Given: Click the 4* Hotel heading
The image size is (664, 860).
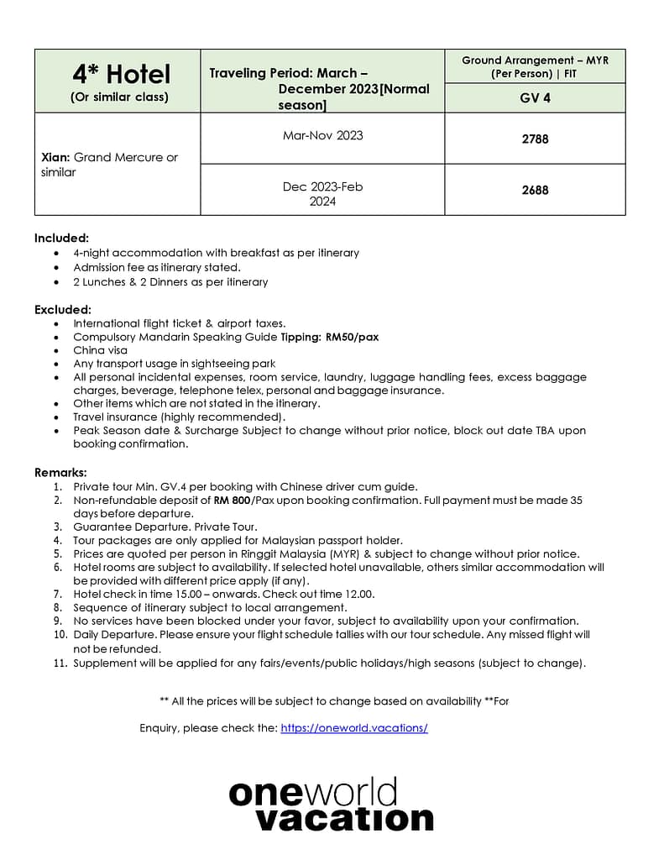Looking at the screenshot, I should point(121,74).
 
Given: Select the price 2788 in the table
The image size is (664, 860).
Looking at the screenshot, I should point(535,139).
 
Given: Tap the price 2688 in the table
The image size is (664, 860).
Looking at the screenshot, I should point(535,190).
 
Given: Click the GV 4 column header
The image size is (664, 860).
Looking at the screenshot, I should point(535,97).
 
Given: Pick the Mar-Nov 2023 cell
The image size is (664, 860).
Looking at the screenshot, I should point(322,135).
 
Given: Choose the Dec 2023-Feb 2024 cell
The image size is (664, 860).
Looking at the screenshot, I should point(322,194).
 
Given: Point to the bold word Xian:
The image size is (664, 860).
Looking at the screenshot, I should point(55,157).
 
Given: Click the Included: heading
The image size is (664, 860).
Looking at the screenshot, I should point(61,238).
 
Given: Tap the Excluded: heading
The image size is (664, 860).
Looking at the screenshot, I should point(63,309).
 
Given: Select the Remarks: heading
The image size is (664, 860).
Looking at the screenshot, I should point(60,472).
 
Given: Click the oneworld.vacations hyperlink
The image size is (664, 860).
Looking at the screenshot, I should point(354,728).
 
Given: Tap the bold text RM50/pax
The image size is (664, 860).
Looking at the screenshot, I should point(352,337).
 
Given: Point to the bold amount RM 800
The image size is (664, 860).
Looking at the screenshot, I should point(233,500).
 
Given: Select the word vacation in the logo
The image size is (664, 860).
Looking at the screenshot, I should point(344,818).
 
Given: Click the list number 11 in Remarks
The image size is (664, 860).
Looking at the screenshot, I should point(59,663).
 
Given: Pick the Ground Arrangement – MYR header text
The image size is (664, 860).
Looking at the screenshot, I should point(535,60).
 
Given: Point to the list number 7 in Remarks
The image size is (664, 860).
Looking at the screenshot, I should point(58,594).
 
